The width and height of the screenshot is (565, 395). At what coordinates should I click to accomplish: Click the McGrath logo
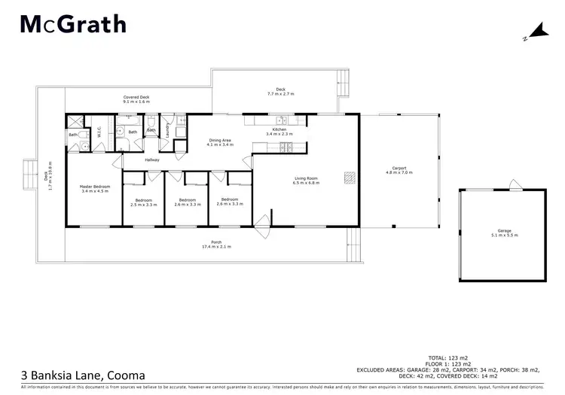click(72, 25)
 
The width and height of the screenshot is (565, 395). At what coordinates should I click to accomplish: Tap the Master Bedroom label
click(95, 188)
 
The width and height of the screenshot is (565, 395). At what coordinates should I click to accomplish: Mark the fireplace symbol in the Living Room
click(348, 178)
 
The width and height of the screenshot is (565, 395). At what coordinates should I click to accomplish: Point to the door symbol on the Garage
click(512, 185)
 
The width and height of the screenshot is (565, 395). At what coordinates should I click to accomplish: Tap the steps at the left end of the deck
click(29, 173)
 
